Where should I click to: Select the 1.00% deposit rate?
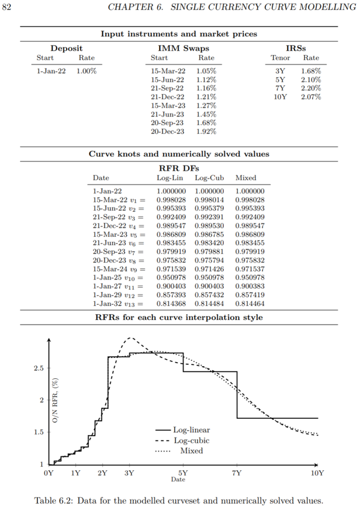click(86, 71)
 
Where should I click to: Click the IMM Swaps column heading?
click(183, 48)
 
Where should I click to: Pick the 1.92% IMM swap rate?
click(206, 132)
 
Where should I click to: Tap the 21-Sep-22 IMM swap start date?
click(167, 88)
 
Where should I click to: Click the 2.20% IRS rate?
click(311, 88)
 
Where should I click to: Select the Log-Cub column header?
click(209, 178)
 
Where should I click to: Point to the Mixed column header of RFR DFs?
click(245, 178)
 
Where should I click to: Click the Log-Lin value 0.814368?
click(171, 305)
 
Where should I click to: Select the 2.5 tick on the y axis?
click(38, 368)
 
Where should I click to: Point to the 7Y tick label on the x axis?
click(237, 473)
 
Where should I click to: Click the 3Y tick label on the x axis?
click(129, 473)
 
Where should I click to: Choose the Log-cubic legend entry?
click(191, 440)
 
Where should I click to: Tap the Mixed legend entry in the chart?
click(191, 451)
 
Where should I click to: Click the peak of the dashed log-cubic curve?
click(130, 337)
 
